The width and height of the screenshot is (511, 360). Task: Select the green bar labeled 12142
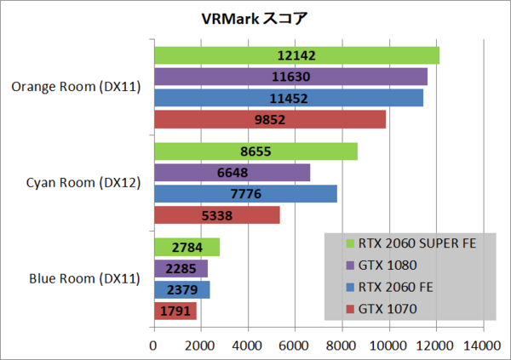coord(296,55)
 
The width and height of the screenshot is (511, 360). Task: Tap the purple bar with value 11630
coord(290,77)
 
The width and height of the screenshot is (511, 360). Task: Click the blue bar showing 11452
coord(288,98)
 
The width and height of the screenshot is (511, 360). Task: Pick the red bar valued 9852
coord(269,119)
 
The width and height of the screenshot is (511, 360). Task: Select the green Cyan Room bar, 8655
coord(255,151)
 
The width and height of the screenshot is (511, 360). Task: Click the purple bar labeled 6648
coord(232,173)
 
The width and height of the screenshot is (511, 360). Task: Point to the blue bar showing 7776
coord(245,194)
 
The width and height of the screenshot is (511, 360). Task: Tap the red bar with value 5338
coord(216,215)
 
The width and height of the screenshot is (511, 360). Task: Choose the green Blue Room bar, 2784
coord(187,248)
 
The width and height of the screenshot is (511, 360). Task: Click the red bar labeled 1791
coord(175,311)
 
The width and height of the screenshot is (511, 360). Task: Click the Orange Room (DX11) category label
coord(77,86)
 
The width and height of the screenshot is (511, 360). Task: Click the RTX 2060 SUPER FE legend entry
coord(409,243)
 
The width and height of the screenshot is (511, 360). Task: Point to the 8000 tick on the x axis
coord(342,346)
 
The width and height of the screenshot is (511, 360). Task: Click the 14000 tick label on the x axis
coord(482,346)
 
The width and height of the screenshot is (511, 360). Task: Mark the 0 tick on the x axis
coord(153,346)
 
